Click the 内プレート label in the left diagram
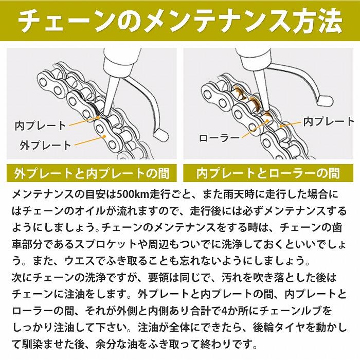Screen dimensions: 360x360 [41, 125]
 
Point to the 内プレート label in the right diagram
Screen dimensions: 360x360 [329, 121]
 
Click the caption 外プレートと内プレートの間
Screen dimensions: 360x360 [92, 172]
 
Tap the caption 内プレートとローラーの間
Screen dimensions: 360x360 [268, 172]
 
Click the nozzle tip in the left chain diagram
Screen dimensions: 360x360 [103, 112]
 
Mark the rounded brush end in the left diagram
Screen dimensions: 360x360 [161, 135]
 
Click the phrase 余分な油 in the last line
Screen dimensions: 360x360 [128, 343]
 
